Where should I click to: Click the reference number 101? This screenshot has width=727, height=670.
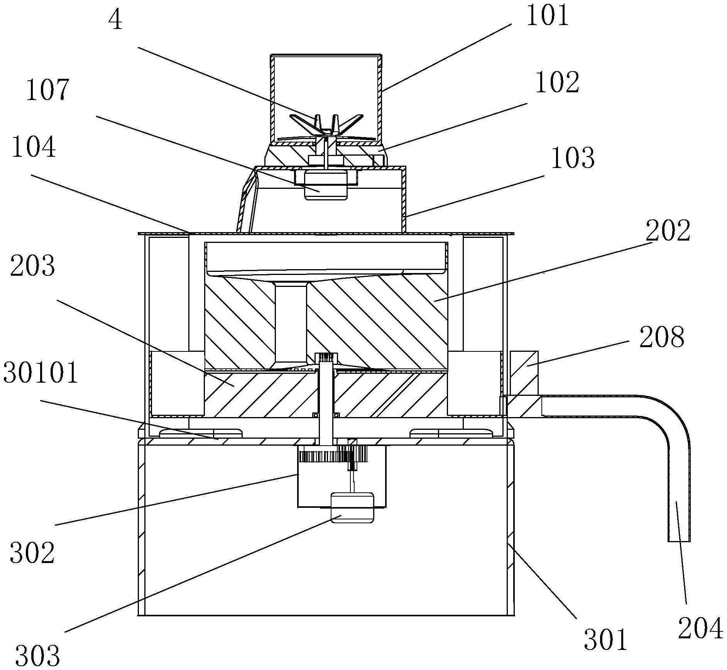[548, 17]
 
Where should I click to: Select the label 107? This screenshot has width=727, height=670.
[47, 90]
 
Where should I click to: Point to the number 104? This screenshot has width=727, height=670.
[34, 148]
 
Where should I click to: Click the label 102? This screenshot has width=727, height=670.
[557, 83]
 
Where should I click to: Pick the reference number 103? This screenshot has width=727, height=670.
[573, 158]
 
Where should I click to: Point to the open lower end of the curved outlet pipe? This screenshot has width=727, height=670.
[679, 539]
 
